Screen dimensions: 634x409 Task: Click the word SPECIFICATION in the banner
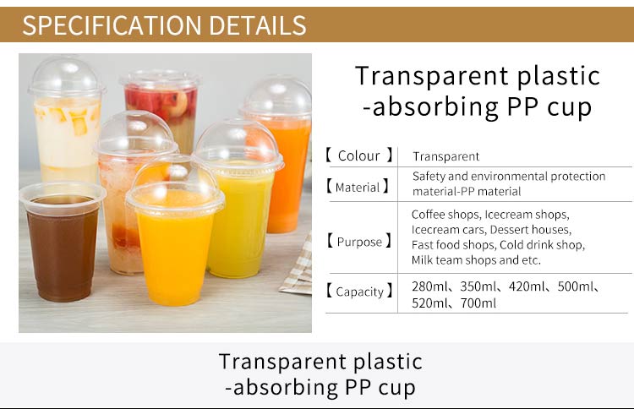[112, 25]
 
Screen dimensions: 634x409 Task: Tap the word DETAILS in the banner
[258, 25]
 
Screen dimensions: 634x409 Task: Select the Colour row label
[358, 155]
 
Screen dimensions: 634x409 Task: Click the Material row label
[358, 187]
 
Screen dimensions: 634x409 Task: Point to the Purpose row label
[359, 242]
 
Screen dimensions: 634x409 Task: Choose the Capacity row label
[359, 292]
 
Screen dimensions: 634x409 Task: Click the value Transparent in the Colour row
[446, 156]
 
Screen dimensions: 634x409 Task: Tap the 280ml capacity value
[429, 286]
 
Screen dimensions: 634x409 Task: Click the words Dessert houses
[530, 230]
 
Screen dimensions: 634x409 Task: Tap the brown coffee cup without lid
[63, 242]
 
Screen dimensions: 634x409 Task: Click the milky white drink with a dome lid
[66, 121]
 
